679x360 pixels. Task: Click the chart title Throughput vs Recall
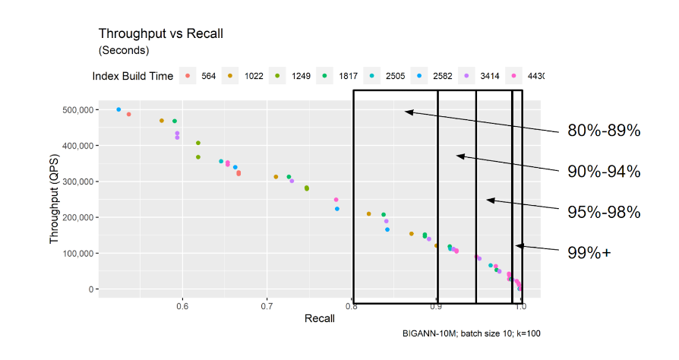160,33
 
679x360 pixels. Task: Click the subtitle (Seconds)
124,50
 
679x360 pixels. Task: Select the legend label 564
209,76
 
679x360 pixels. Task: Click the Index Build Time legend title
132,76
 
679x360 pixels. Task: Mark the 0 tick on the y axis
90,289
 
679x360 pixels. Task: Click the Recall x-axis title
309,320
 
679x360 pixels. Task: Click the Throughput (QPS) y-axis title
55,200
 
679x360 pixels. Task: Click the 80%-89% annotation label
604,131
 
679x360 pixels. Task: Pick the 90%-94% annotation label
604,172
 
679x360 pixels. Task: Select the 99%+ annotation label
589,253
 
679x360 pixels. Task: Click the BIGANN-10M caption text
472,333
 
